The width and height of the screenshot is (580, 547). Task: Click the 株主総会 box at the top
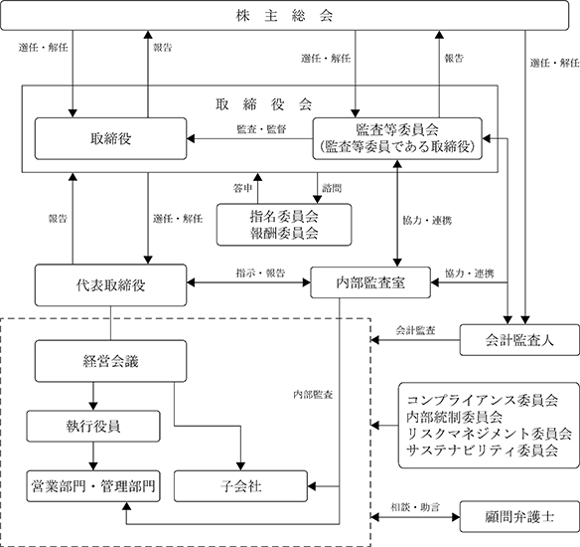(284, 15)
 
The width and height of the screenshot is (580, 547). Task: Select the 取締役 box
(110, 139)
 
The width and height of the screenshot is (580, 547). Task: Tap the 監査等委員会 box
(397, 139)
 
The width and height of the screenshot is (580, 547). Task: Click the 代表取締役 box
(110, 285)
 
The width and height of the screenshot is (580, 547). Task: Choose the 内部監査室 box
(370, 282)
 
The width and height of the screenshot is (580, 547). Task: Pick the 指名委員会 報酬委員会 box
(284, 225)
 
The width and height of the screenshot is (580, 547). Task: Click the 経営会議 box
(110, 361)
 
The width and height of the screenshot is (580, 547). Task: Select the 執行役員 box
(93, 426)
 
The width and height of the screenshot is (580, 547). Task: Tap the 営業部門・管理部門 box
(93, 486)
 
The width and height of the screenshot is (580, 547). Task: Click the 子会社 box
(240, 486)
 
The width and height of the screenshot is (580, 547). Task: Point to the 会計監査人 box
(519, 340)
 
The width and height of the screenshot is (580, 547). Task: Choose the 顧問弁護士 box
(519, 516)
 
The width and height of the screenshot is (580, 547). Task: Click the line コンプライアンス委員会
(483, 401)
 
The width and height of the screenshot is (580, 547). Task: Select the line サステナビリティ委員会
(483, 451)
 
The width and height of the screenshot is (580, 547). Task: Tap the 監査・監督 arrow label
(261, 129)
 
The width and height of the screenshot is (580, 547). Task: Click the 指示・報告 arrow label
(261, 273)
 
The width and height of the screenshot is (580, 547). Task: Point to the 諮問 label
(332, 188)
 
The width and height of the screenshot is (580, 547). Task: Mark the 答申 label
(242, 188)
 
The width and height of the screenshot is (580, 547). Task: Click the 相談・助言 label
(415, 507)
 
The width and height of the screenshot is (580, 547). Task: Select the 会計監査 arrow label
(415, 330)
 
